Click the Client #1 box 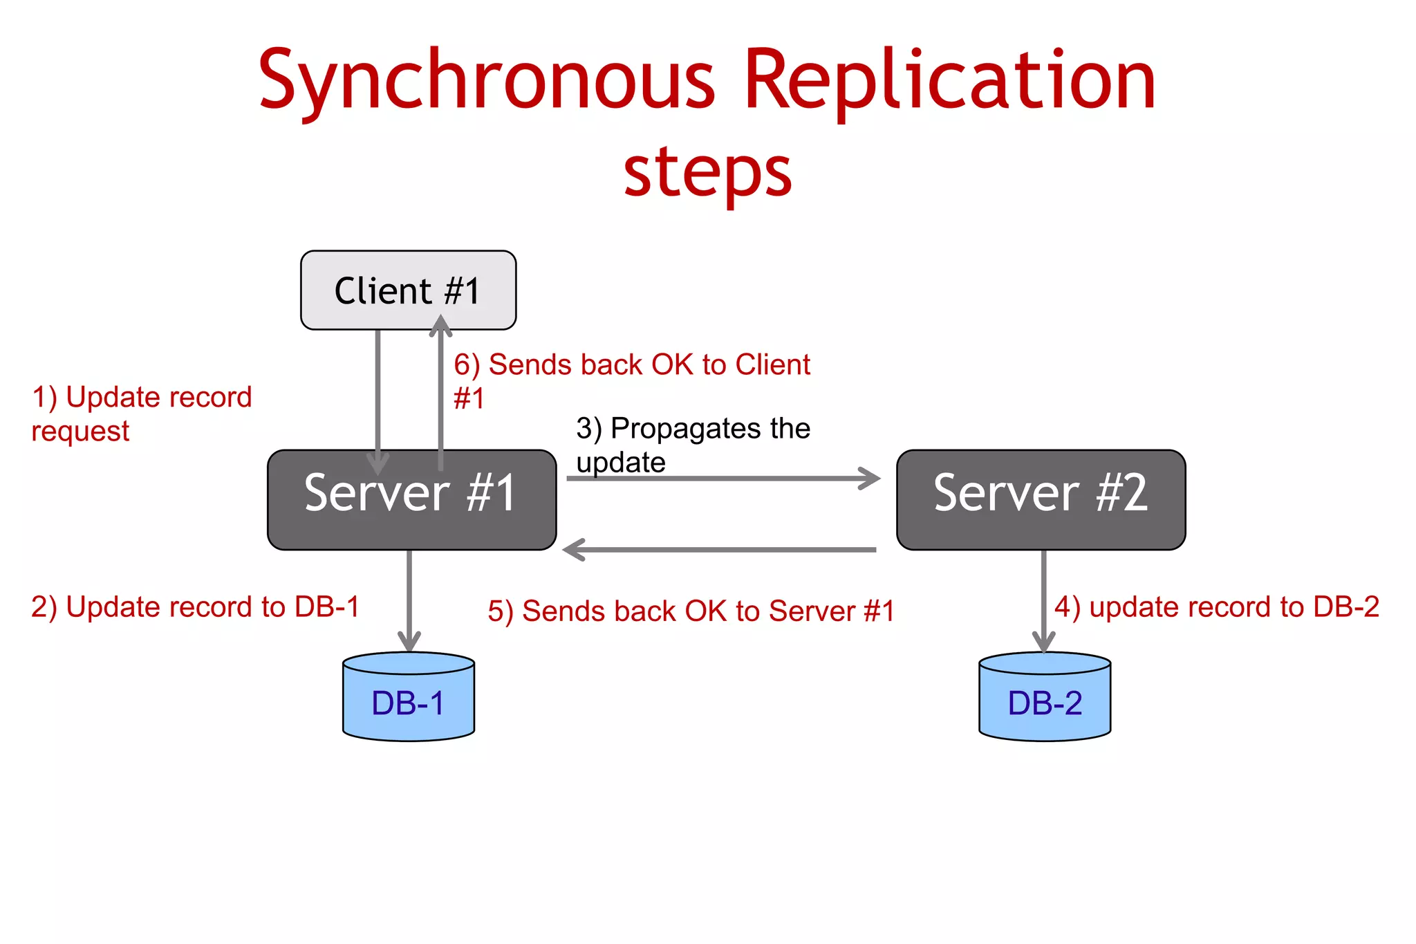click(x=408, y=290)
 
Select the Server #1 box click(x=411, y=499)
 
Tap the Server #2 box click(x=1041, y=499)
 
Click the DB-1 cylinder click(x=408, y=698)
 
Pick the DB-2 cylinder click(x=1045, y=698)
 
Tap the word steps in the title click(x=707, y=172)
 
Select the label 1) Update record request click(x=141, y=414)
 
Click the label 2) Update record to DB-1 click(x=195, y=607)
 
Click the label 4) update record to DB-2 click(x=1216, y=607)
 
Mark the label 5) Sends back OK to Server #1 click(x=691, y=611)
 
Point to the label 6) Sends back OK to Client click(x=631, y=365)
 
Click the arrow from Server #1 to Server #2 click(x=723, y=478)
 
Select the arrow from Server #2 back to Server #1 click(x=719, y=550)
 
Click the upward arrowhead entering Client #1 click(x=440, y=325)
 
